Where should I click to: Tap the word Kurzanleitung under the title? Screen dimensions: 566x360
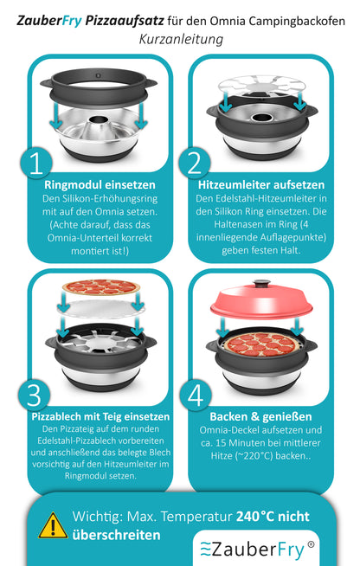(180, 40)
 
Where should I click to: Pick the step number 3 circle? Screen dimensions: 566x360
(34, 395)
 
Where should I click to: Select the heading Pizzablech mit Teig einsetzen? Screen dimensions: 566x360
(100, 416)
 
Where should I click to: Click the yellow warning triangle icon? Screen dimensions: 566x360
(54, 524)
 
